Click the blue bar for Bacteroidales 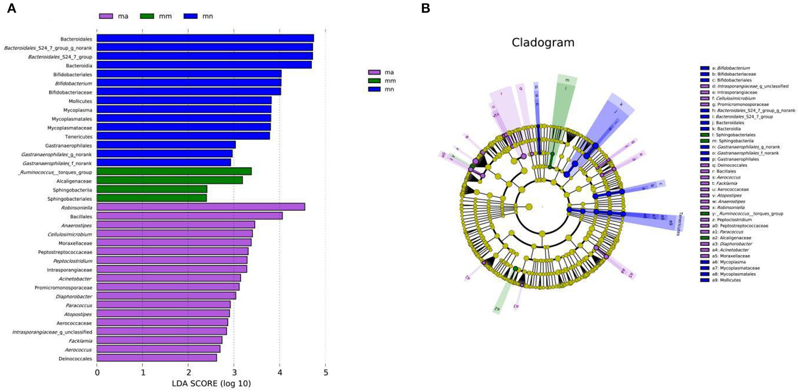coord(205,38)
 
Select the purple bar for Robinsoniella coord(201,207)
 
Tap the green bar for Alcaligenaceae coord(170,180)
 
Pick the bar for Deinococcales coord(156,358)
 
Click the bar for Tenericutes coord(183,136)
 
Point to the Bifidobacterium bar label coord(73,83)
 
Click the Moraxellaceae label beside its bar coord(75,243)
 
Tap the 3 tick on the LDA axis coord(234,373)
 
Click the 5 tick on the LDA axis coord(326,373)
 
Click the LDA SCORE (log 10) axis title coord(211,384)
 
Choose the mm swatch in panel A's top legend coord(147,16)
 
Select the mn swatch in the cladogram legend coord(374,89)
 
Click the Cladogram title coord(543,43)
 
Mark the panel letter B coord(425,8)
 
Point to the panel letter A coord(12,8)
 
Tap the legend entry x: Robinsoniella coord(728,208)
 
